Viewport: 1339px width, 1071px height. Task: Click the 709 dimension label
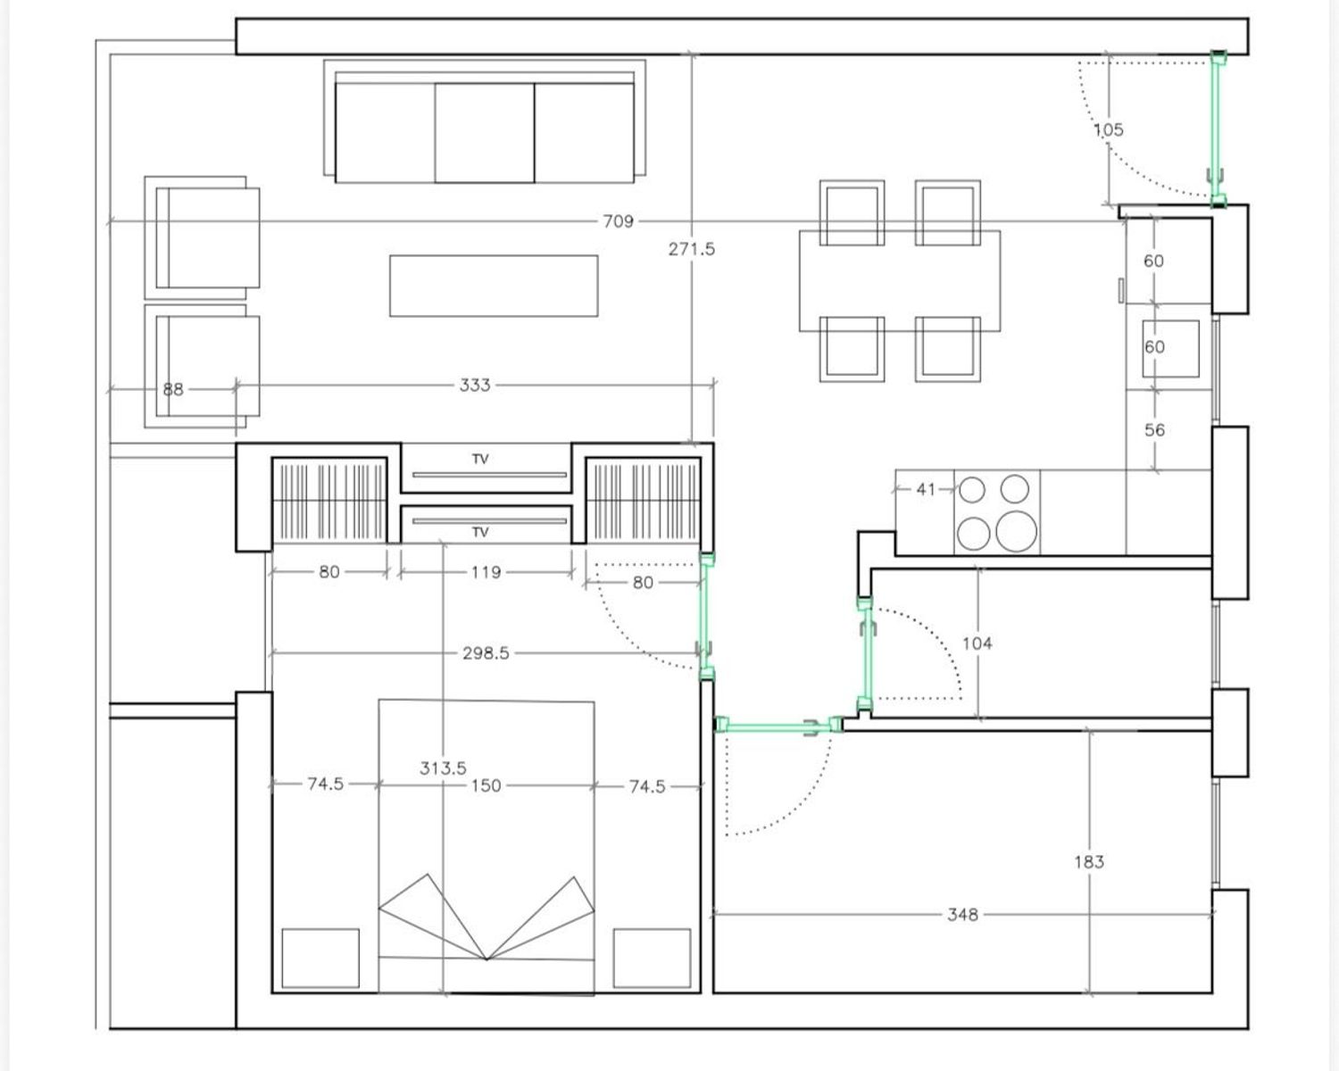tap(618, 221)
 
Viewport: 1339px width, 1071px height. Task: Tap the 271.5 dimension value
tap(691, 250)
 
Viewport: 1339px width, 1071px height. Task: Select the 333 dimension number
tap(475, 386)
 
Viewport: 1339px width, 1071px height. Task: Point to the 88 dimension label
tap(173, 389)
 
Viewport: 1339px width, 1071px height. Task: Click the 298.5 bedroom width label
tap(486, 653)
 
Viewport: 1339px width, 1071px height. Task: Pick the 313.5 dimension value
tap(443, 768)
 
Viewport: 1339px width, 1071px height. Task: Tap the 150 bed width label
tap(486, 786)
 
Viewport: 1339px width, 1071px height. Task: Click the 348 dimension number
tap(962, 915)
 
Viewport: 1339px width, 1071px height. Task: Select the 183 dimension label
tap(1089, 862)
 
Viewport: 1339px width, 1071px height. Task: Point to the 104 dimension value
tap(977, 643)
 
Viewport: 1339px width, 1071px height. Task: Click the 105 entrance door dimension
tap(1108, 130)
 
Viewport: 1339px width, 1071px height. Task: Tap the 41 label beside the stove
tap(926, 490)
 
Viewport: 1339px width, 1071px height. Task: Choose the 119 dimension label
tap(486, 572)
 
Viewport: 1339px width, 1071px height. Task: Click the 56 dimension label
tap(1154, 430)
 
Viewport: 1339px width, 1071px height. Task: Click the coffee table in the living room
tap(494, 286)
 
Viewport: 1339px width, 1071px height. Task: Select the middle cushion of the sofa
tap(484, 133)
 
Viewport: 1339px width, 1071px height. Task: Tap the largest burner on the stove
tap(1016, 531)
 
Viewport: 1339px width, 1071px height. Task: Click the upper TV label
tap(479, 460)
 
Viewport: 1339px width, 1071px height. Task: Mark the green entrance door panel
tap(1217, 130)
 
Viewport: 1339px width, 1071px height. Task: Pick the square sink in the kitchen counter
tap(1170, 348)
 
